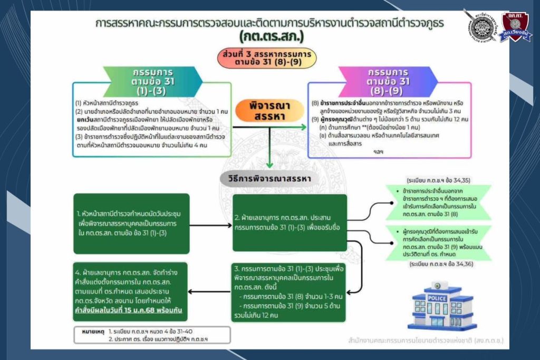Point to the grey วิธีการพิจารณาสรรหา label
coord(265,178)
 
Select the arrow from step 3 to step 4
coord(210,291)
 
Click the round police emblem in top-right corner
coord(481,25)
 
